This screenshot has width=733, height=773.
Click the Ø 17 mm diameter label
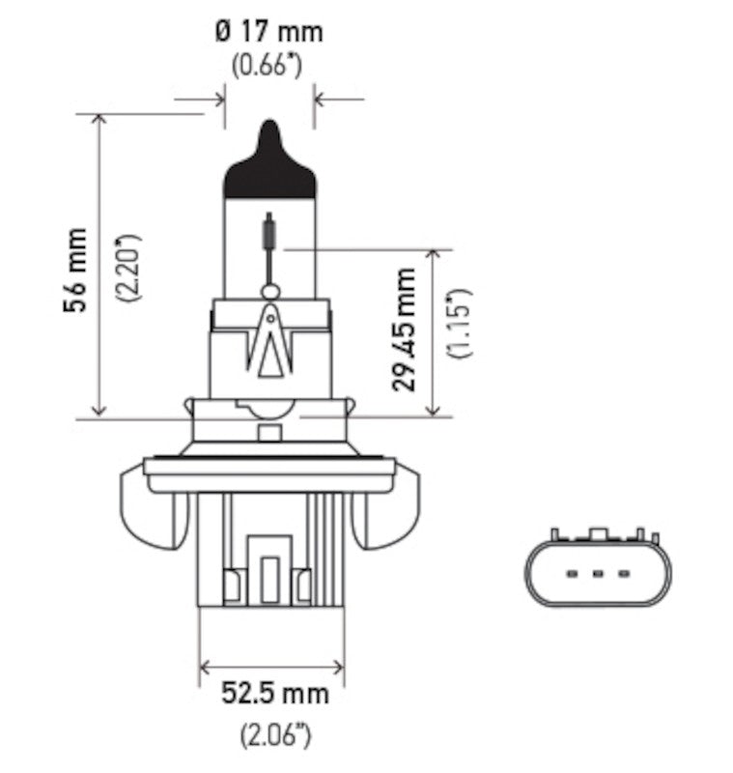[268, 32]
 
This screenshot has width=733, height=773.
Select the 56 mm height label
[74, 271]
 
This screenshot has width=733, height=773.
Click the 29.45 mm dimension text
[406, 329]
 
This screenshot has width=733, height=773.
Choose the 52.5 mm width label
[274, 693]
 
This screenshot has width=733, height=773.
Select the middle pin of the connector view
[597, 575]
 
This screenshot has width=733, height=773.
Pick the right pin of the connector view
[623, 575]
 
